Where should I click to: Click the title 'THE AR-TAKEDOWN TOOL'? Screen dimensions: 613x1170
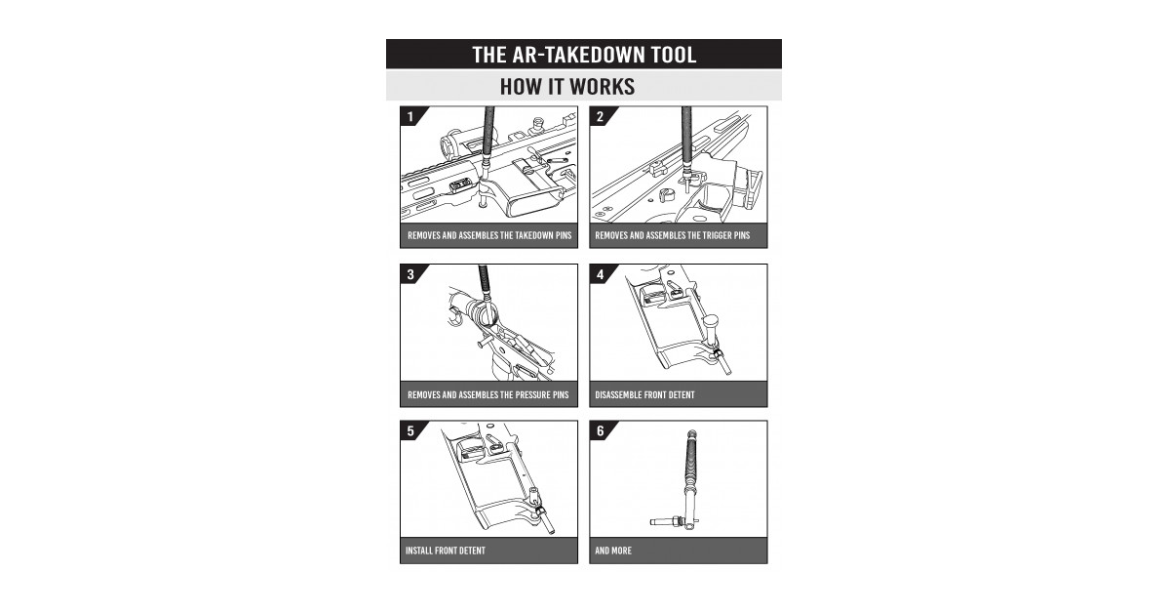point(584,55)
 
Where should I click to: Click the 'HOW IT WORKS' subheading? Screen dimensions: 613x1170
point(566,86)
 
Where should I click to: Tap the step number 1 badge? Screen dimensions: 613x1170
point(410,116)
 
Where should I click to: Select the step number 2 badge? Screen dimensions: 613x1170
point(600,116)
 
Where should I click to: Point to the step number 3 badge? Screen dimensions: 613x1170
point(410,274)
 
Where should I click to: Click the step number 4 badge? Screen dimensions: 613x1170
point(600,274)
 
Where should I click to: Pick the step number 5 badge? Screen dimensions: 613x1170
point(410,430)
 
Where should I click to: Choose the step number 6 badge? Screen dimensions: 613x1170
point(600,430)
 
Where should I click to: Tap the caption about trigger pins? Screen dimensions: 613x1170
point(673,236)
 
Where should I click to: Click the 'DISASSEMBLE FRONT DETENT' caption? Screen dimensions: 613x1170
point(644,395)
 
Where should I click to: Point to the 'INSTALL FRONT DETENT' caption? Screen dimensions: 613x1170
point(445,551)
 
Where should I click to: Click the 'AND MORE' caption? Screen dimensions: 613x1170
point(613,551)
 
